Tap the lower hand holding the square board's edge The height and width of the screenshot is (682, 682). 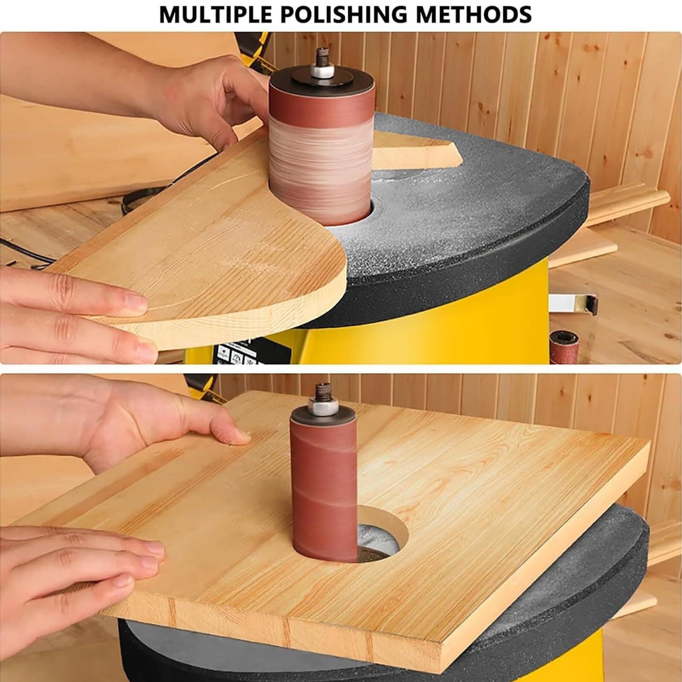coord(77,567)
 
